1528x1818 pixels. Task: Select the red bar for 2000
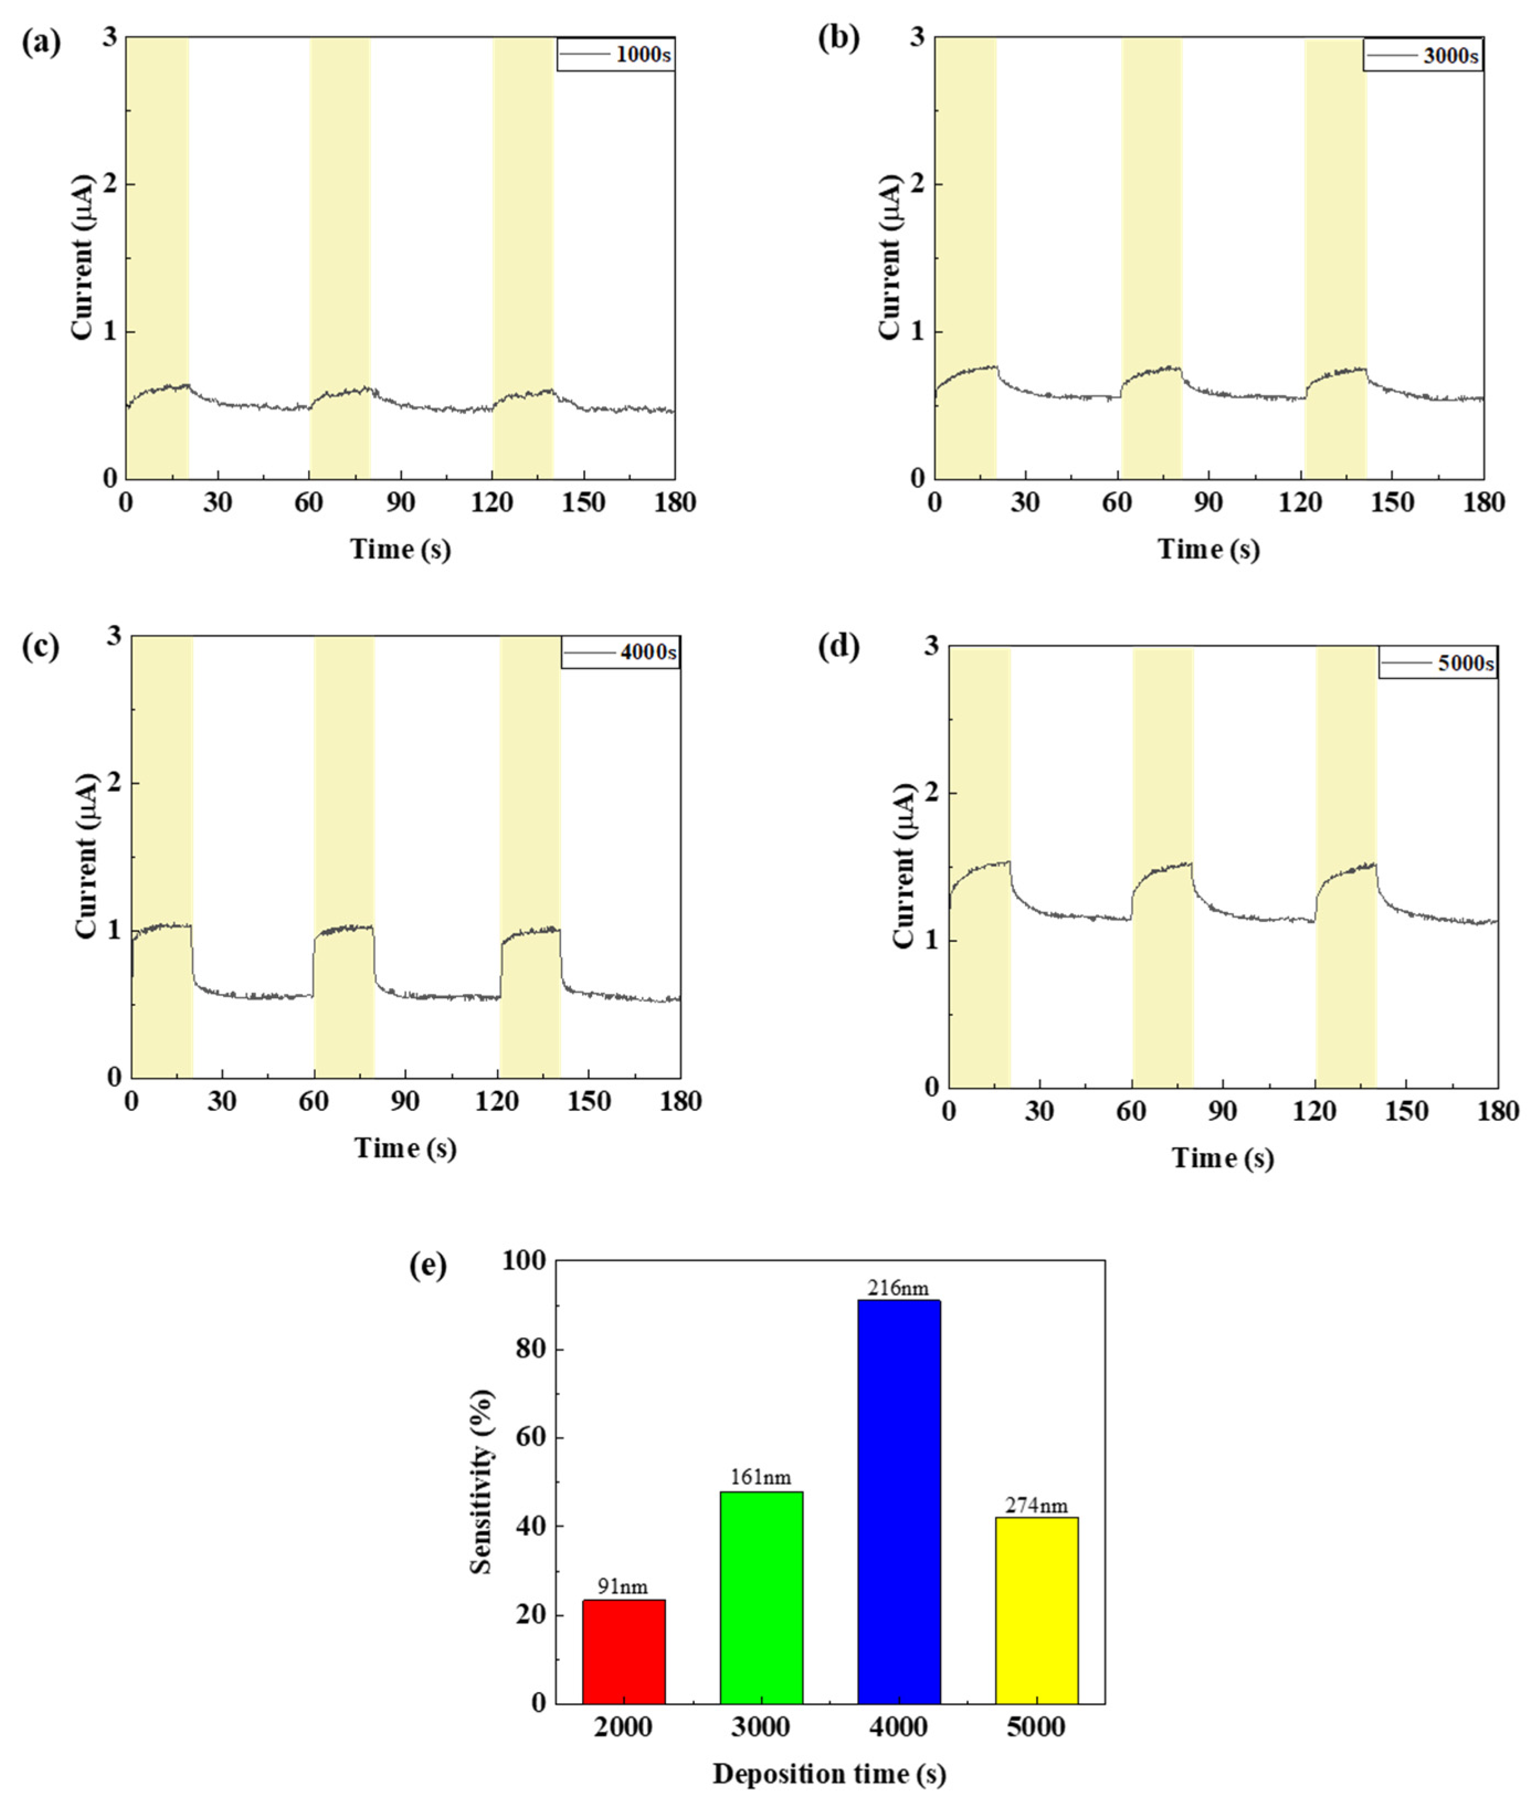pos(623,1651)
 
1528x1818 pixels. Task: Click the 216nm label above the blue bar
pos(898,1289)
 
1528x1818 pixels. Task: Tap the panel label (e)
pos(428,1266)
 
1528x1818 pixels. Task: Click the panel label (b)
pos(838,40)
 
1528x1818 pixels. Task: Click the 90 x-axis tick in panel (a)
pos(400,503)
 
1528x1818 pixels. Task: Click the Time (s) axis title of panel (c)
pos(405,1148)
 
